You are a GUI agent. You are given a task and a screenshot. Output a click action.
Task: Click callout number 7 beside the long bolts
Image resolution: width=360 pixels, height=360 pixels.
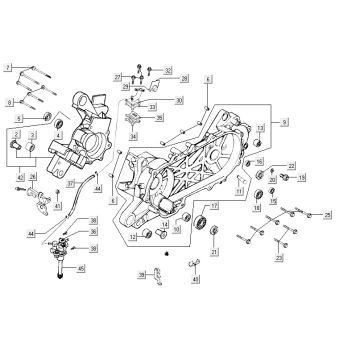coord(8,67)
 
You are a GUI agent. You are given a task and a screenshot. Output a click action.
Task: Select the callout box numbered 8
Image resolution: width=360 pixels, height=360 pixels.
coord(8,102)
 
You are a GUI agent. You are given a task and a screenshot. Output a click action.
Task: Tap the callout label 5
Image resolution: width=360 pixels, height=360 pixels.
coord(18,119)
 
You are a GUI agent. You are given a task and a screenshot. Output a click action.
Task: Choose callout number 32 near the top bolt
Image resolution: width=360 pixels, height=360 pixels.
coord(168,71)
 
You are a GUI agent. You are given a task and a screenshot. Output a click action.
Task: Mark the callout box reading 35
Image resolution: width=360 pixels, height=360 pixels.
coord(160,117)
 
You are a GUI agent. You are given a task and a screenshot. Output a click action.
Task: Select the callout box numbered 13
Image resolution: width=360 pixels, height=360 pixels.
coord(258,129)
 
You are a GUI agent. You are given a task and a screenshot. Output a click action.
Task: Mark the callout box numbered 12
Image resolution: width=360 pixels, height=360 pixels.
coord(131,237)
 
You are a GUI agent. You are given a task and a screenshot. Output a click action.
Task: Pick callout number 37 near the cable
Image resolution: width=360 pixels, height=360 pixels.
coord(71,185)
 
